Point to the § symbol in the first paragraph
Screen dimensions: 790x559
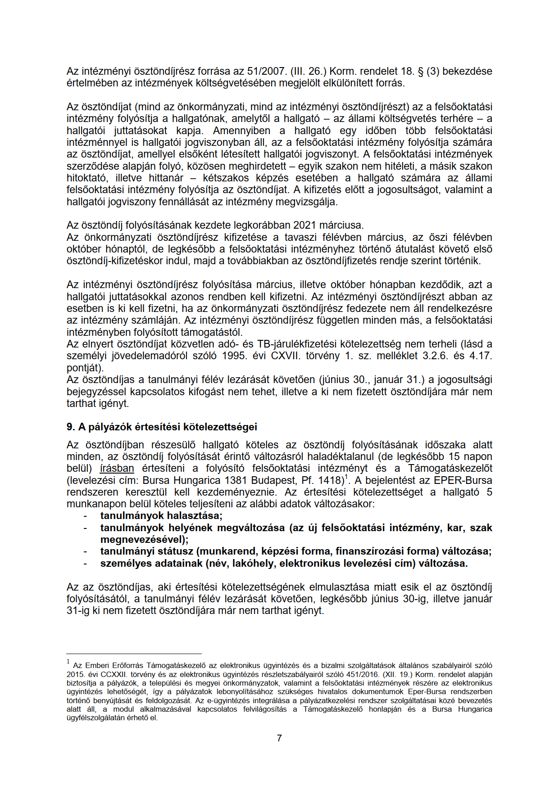tap(420, 71)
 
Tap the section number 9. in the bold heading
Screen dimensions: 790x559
tap(70, 427)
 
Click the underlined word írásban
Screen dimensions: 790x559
tap(117, 469)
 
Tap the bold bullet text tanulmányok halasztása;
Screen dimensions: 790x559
tap(161, 516)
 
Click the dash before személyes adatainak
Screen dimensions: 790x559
tap(85, 564)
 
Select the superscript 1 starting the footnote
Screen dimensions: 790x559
tap(68, 661)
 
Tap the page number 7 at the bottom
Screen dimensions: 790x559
tap(279, 738)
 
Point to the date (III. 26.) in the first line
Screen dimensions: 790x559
tap(309, 71)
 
